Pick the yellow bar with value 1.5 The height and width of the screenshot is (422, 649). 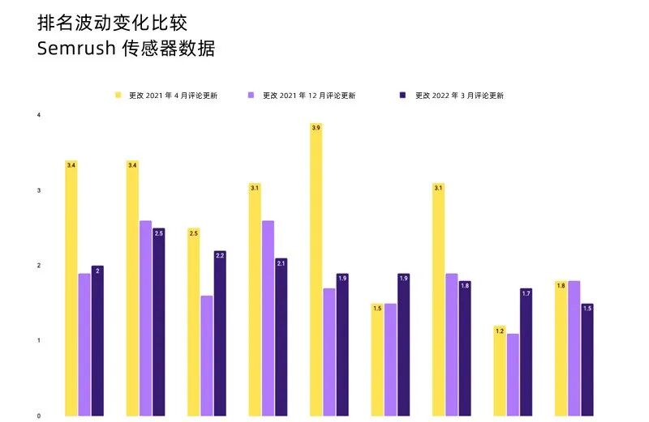click(x=377, y=360)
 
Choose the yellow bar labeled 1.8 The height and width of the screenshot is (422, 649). click(x=561, y=348)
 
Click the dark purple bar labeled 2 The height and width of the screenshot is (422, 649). click(x=97, y=340)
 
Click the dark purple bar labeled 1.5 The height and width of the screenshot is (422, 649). click(x=587, y=360)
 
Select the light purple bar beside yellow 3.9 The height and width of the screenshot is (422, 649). click(x=329, y=352)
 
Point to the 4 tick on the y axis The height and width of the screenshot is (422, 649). click(x=39, y=116)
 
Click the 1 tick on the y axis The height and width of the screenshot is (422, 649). click(x=39, y=341)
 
